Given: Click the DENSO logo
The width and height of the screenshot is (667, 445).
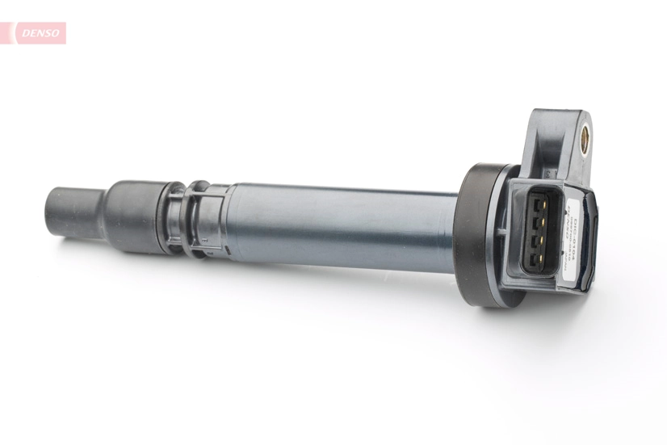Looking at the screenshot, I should point(38,33).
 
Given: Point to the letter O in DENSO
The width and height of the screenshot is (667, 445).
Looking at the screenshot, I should point(56,33).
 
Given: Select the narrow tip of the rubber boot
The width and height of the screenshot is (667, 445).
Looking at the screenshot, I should point(73,212).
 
